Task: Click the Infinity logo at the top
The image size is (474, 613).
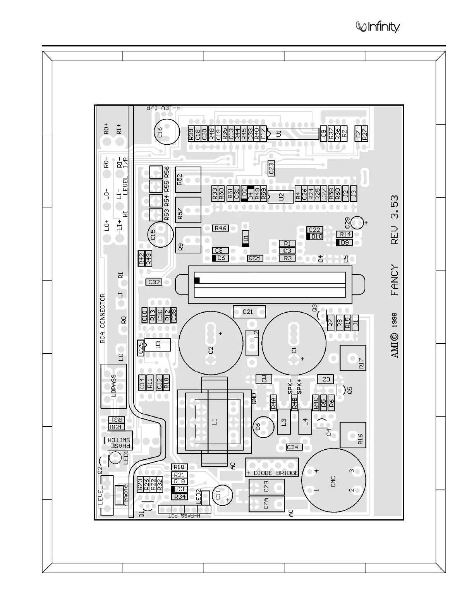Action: coord(378,27)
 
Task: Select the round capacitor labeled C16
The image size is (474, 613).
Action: coord(167,132)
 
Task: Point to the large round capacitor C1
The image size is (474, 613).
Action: coord(294,342)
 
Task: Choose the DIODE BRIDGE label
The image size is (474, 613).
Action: coord(272,473)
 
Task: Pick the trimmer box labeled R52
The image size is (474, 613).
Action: coord(188,180)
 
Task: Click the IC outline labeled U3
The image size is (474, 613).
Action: coord(157,344)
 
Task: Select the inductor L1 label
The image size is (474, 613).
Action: coord(215,421)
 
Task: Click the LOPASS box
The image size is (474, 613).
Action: coord(113,386)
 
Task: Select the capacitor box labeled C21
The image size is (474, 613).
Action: coord(249,311)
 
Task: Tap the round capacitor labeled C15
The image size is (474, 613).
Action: coord(161,234)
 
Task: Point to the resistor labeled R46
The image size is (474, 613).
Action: coord(220,228)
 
